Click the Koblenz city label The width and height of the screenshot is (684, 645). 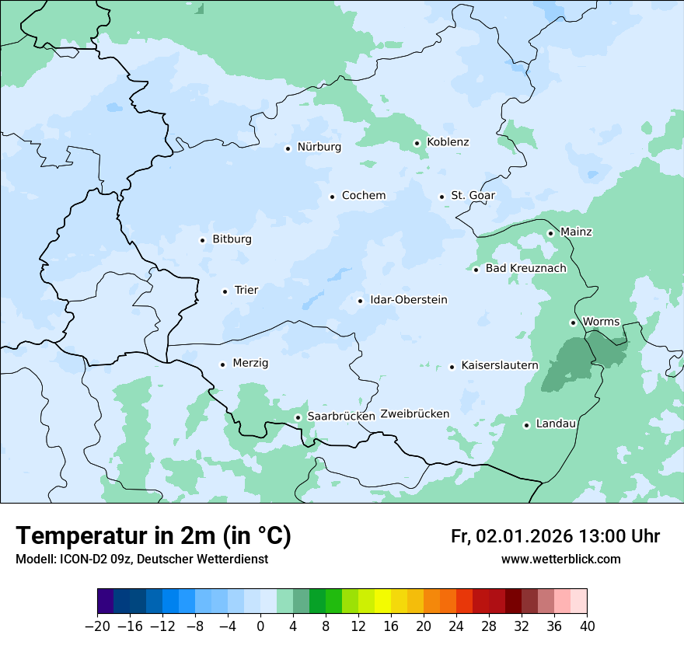pos(448,142)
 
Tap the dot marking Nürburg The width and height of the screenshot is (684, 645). pos(288,148)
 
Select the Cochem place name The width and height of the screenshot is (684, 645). pos(363,196)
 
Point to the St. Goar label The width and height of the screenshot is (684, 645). pos(473,196)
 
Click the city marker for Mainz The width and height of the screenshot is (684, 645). pos(550,233)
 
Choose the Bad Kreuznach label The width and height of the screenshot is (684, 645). pos(525,269)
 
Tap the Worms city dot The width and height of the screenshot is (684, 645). pos(573,322)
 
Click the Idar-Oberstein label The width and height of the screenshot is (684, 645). pos(408,300)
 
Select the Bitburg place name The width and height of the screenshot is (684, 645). pos(232,239)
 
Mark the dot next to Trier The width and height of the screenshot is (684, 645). pos(225,291)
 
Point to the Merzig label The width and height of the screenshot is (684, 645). pos(250,364)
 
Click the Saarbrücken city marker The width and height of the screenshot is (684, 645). pos(298,417)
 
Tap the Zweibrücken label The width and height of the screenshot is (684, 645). pos(414,414)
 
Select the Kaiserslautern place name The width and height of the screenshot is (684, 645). pos(500,365)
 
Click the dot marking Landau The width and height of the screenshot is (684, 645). pos(526,425)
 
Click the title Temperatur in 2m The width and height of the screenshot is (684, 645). pos(153,536)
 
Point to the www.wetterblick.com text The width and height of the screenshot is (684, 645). pos(560,559)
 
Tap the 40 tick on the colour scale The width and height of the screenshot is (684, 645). pos(587,626)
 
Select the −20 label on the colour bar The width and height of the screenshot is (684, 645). pos(97,626)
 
